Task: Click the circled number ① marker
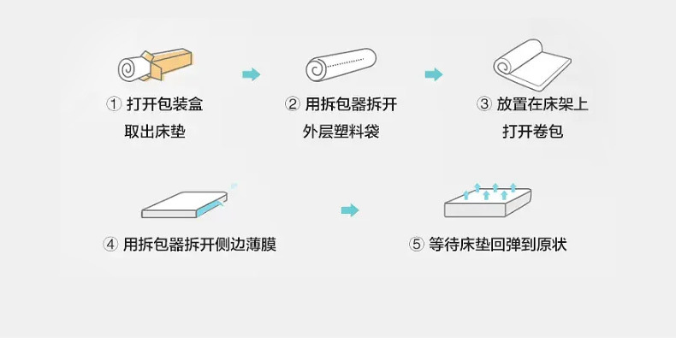112,104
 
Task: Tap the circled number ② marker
292,104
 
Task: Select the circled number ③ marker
483,104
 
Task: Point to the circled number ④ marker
110,245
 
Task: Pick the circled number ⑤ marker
417,245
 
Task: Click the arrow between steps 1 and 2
251,74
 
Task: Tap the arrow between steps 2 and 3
435,74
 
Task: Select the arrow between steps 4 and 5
349,210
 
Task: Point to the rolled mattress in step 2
341,66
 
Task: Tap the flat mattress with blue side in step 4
184,203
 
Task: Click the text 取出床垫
154,133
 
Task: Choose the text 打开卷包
532,133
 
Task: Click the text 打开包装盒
164,104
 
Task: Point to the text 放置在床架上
543,104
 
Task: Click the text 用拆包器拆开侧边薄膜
199,245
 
